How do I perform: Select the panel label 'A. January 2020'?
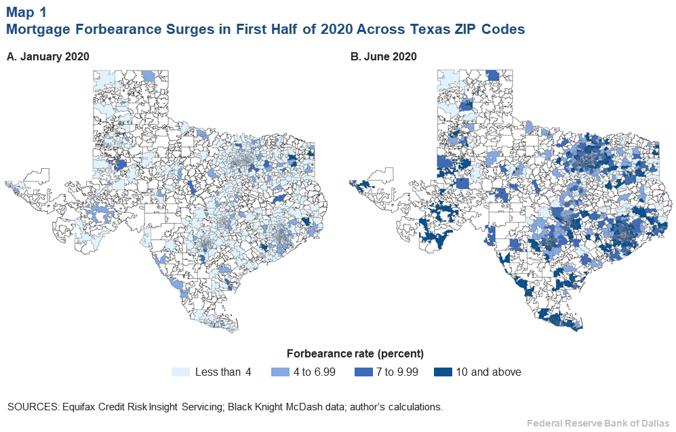47,57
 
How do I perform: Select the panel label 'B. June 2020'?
383,57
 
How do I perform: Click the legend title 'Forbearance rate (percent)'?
355,354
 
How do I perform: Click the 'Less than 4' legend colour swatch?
180,372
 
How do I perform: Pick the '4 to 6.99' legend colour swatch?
281,372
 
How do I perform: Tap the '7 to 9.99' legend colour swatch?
363,372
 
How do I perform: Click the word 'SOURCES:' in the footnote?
32,407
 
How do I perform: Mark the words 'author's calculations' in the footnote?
401,407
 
